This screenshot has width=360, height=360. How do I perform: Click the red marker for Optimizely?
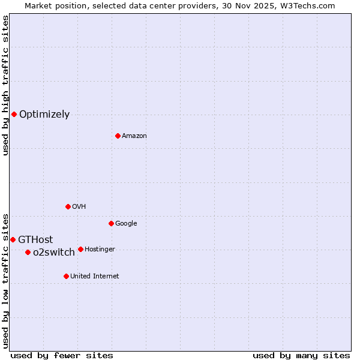pos(14,114)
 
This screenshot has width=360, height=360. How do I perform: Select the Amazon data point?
pos(118,136)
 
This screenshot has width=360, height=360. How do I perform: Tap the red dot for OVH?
pos(68,206)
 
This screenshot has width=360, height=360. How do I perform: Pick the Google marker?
pos(111,223)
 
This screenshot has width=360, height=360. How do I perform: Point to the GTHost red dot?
pos(13,239)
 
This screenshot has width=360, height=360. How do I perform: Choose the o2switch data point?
pos(28,252)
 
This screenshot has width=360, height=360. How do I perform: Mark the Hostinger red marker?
pos(80,249)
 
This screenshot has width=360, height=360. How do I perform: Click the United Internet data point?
pos(66,276)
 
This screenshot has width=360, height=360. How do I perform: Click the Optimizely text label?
pos(44,115)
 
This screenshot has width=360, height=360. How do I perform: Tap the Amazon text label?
pos(134,136)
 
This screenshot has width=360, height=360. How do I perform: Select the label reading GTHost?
pos(35,240)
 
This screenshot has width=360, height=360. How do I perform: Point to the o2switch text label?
pos(54,253)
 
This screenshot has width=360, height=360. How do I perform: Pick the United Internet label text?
pos(95,277)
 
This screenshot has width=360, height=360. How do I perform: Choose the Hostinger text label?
pos(100,250)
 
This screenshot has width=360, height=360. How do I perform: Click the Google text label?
pos(126,224)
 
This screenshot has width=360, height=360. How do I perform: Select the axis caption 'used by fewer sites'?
pos(62,356)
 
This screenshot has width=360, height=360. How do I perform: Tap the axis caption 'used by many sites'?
pos(301,356)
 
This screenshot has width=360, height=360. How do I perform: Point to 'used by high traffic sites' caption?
pos(6,85)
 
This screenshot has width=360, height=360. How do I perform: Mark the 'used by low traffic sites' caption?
pos(6,280)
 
